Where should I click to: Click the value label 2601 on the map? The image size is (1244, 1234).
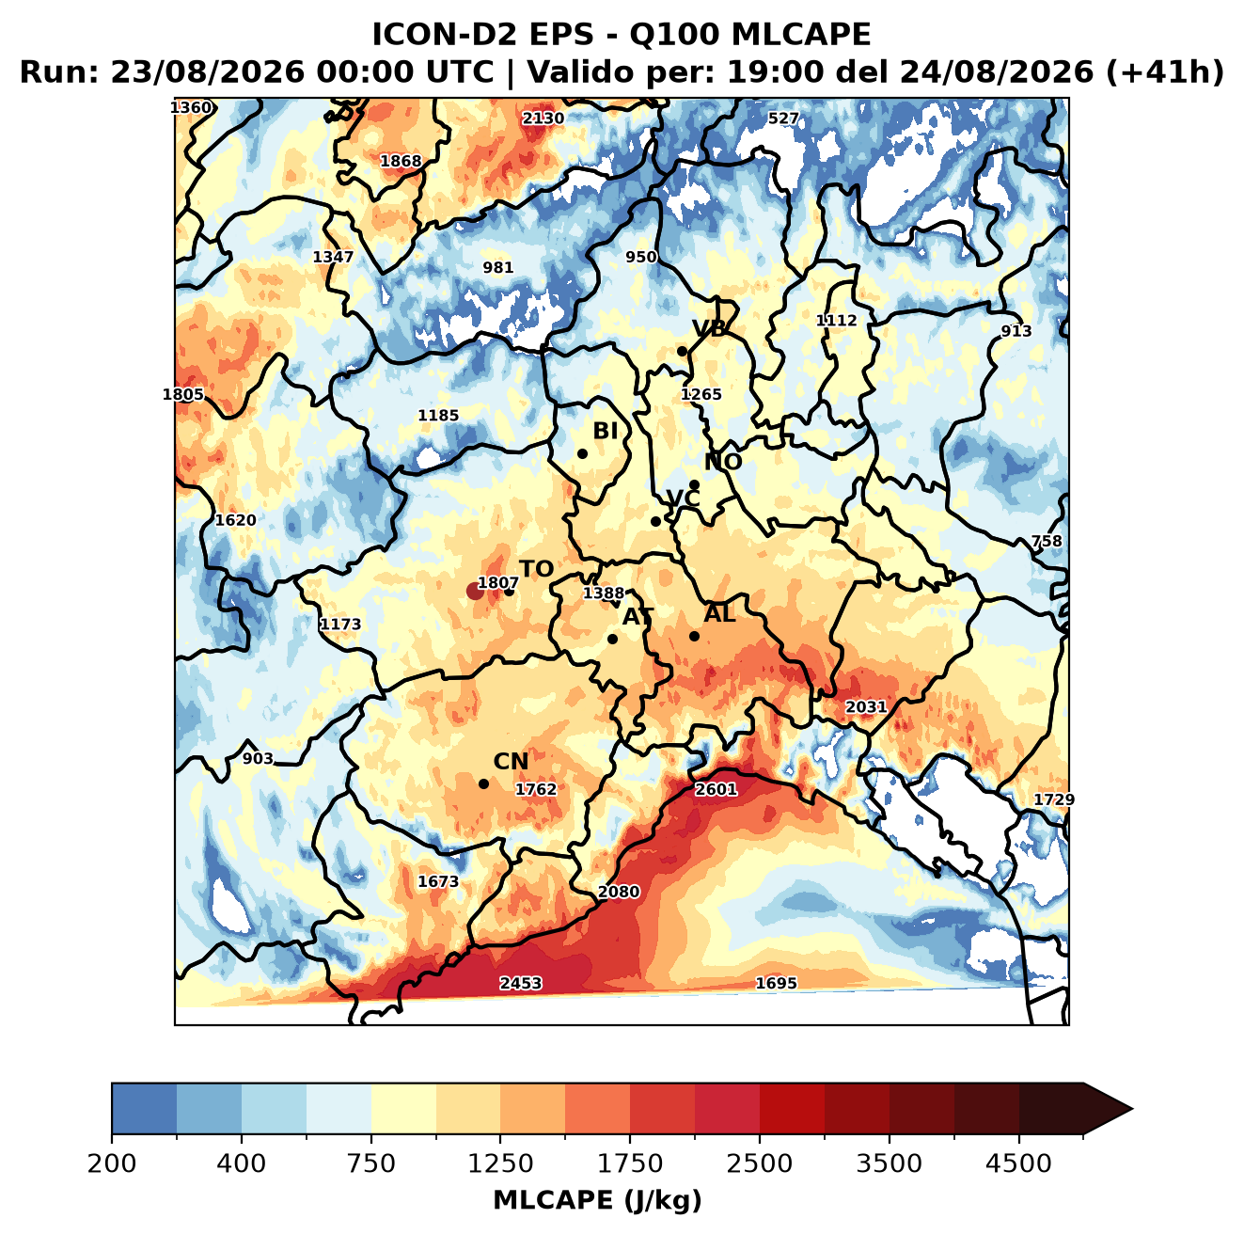pos(716,789)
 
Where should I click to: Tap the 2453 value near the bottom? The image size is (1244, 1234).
pos(520,983)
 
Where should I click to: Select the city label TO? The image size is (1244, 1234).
pos(537,569)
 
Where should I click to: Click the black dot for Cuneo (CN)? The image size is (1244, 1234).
pos(483,783)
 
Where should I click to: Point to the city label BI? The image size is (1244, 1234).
pos(605,431)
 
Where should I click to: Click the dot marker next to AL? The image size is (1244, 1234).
pos(694,636)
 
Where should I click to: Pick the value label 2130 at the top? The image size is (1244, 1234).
pos(543,119)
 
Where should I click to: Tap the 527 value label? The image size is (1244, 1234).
pos(783,119)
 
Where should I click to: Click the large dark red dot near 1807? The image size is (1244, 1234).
pos(475,591)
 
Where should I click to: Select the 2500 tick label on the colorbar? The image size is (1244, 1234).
pos(759,1163)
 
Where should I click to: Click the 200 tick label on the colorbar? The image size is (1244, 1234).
pos(112,1163)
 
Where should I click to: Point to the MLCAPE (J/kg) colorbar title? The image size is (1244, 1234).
pos(597,1200)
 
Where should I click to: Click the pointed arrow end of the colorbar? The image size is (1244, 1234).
pos(1132,1110)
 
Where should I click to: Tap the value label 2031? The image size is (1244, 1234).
pos(866,707)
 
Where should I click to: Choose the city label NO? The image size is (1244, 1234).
pos(722,462)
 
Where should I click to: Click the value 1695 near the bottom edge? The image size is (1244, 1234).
pos(776,983)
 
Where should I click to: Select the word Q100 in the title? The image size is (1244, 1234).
pos(674,35)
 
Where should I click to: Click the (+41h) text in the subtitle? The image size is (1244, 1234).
pos(1165,72)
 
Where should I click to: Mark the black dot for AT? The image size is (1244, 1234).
pos(612,640)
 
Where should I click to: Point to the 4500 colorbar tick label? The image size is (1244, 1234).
pos(1018,1163)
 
